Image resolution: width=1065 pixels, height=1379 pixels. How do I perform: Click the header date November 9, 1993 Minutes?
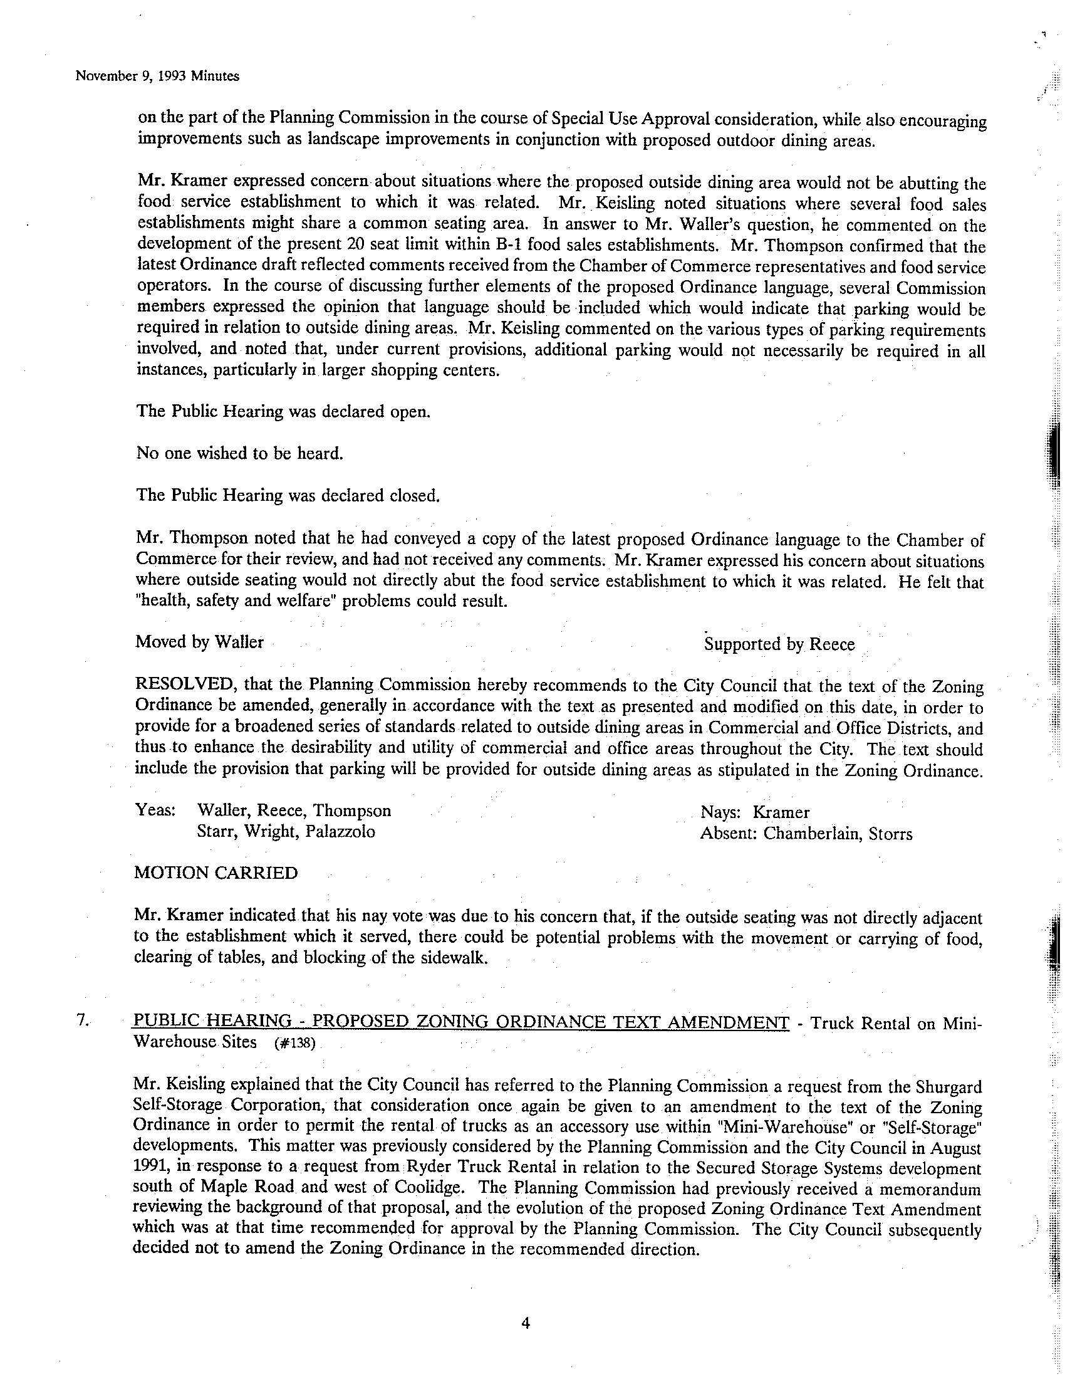157,76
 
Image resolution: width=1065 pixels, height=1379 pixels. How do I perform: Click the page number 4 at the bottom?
526,1324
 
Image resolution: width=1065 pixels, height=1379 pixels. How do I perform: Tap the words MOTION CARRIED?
216,873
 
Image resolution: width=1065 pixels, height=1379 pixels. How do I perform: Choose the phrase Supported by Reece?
779,644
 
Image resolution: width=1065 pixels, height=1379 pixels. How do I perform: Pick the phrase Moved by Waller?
199,642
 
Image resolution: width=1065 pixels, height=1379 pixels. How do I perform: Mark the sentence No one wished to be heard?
239,453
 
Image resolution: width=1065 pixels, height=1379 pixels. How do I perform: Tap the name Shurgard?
948,1087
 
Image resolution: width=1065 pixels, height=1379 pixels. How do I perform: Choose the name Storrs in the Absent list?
890,834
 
